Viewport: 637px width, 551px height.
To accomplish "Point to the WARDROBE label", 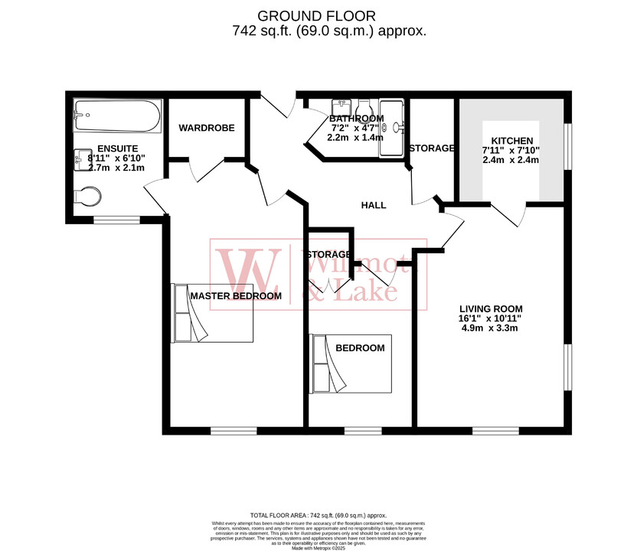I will tap(207, 128).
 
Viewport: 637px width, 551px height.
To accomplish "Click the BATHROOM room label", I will tap(356, 119).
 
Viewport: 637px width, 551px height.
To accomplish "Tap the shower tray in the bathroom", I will tap(393, 128).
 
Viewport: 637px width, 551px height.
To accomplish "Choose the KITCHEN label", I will tap(511, 140).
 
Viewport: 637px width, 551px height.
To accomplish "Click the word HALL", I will tap(374, 205).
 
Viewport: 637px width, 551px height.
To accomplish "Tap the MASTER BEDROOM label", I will tap(236, 295).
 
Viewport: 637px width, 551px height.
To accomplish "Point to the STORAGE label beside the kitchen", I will tap(432, 148).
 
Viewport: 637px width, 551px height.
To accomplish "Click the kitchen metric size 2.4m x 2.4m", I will tap(511, 160).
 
